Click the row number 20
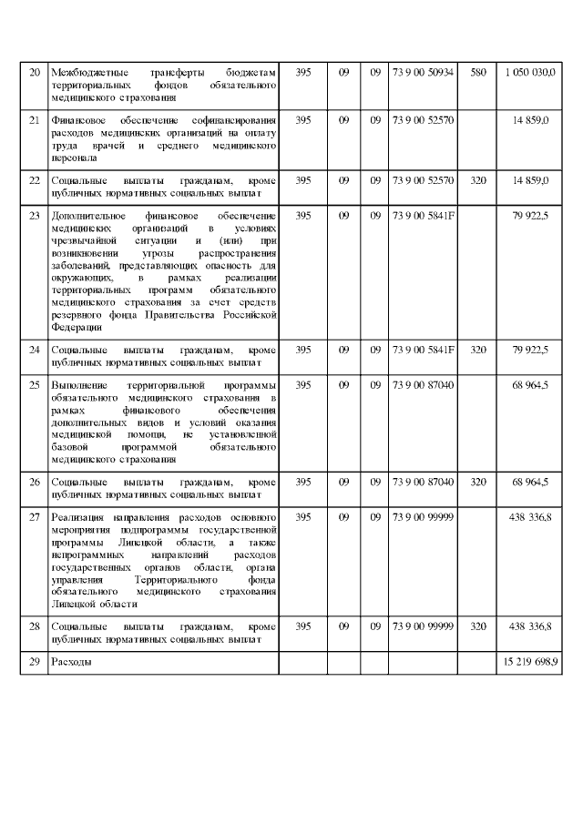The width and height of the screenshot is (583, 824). tap(35, 72)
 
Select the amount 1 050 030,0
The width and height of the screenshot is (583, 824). tap(527, 72)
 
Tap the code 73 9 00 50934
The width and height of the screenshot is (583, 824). tap(423, 72)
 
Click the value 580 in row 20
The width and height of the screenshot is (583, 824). tap(477, 72)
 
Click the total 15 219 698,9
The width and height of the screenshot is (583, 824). tap(528, 662)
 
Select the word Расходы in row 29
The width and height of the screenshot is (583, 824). tap(72, 662)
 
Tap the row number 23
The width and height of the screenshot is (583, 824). tap(35, 216)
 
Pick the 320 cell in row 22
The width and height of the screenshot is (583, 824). tap(477, 180)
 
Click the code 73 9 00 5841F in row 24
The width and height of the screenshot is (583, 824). tap(423, 349)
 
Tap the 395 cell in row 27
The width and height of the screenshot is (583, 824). tap(303, 516)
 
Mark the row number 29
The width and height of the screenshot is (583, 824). tap(35, 662)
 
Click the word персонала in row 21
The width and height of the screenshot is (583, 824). tap(75, 158)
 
